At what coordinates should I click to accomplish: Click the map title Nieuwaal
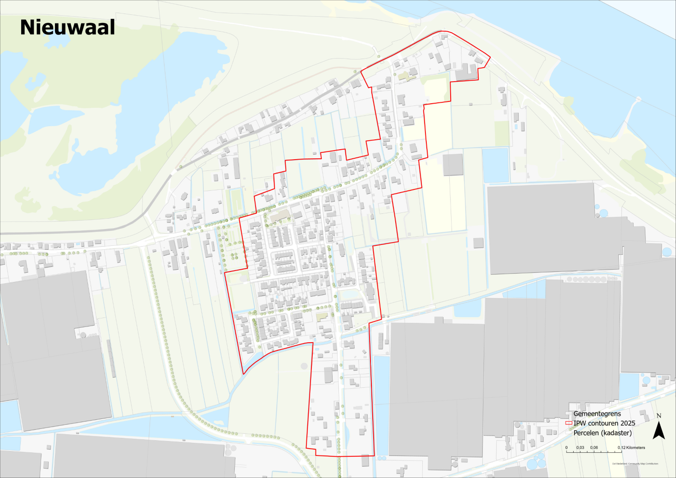point(68,28)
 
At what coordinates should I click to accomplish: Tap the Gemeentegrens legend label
point(597,414)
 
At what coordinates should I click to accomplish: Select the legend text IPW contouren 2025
point(604,423)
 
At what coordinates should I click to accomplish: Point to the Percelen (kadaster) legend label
point(602,433)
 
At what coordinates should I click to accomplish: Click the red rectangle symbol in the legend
point(569,423)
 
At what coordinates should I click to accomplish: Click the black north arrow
point(659,430)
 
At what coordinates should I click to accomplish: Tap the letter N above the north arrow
point(659,416)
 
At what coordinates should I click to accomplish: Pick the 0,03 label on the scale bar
point(580,448)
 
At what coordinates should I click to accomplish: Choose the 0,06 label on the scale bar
point(594,448)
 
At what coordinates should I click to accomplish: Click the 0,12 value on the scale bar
point(621,448)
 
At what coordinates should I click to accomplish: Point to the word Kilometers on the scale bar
point(635,448)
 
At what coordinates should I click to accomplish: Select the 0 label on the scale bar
point(566,448)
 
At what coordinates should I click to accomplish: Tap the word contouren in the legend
point(603,423)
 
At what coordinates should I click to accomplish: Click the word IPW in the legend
point(580,423)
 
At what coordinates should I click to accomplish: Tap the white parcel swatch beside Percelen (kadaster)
point(569,433)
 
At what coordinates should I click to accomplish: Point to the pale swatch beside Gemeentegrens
point(569,414)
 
